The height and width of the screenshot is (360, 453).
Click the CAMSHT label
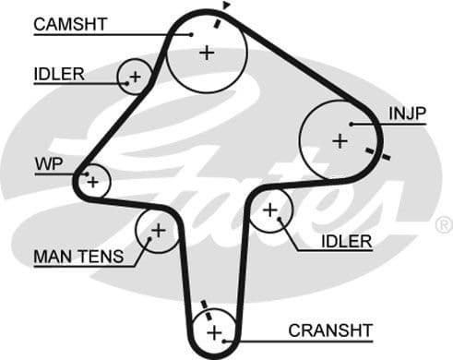pyautogui.click(x=71, y=24)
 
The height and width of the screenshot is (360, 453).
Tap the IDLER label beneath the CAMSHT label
pyautogui.click(x=59, y=71)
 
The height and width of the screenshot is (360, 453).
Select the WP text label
pyautogui.click(x=47, y=164)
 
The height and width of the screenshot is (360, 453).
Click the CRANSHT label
pyautogui.click(x=329, y=330)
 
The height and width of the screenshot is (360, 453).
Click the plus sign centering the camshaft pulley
pyautogui.click(x=206, y=53)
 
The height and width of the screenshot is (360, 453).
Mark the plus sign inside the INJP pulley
pyautogui.click(x=340, y=140)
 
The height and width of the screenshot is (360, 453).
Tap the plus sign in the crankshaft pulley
pyautogui.click(x=215, y=331)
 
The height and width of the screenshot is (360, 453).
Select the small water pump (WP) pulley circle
pyautogui.click(x=92, y=182)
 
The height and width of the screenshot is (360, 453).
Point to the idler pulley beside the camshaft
pyautogui.click(x=135, y=77)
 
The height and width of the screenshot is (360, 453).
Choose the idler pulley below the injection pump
pyautogui.click(x=270, y=211)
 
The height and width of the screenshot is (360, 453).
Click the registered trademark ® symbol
pyautogui.click(x=444, y=224)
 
